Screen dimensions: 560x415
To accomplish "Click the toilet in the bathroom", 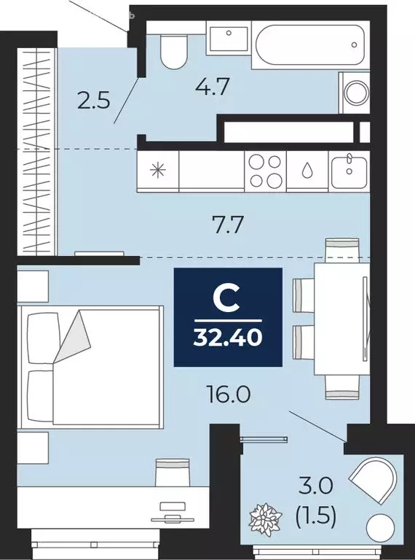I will pyautogui.click(x=173, y=50).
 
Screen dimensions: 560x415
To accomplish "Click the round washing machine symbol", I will pyautogui.click(x=357, y=93).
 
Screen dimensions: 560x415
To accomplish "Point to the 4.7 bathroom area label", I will pyautogui.click(x=213, y=88).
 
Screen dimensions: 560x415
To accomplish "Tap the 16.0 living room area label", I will pyautogui.click(x=229, y=394).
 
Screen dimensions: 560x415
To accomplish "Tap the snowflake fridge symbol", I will pyautogui.click(x=157, y=172).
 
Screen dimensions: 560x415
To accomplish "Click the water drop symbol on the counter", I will pyautogui.click(x=307, y=171).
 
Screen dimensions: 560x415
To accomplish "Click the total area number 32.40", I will pyautogui.click(x=227, y=338).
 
